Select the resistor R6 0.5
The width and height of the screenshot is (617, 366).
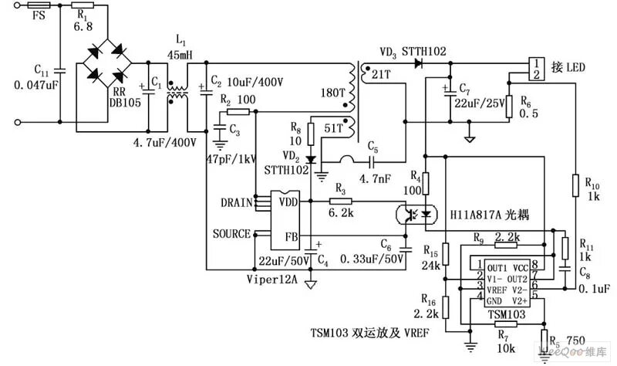coord(509,107)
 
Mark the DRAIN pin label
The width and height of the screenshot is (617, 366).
coord(235,203)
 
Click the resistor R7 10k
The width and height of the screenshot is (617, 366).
coord(504,325)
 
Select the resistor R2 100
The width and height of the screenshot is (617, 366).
coord(238,112)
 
